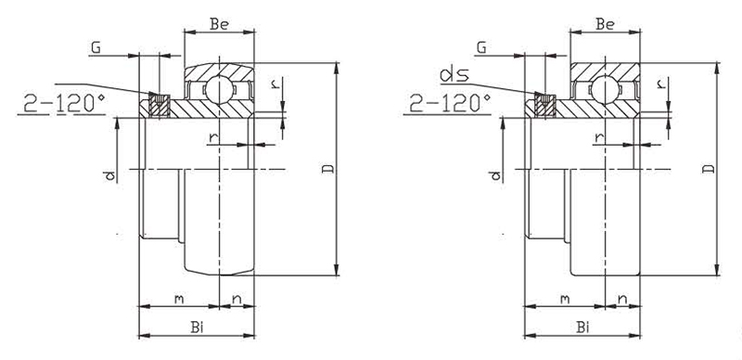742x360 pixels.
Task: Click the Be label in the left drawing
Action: point(219,24)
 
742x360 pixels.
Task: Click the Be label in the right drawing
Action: point(606,24)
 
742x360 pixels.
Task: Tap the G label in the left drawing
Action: point(96,47)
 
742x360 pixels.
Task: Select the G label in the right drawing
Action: point(481,47)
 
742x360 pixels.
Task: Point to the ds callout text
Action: point(454,75)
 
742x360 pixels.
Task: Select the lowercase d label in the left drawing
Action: point(109,175)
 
